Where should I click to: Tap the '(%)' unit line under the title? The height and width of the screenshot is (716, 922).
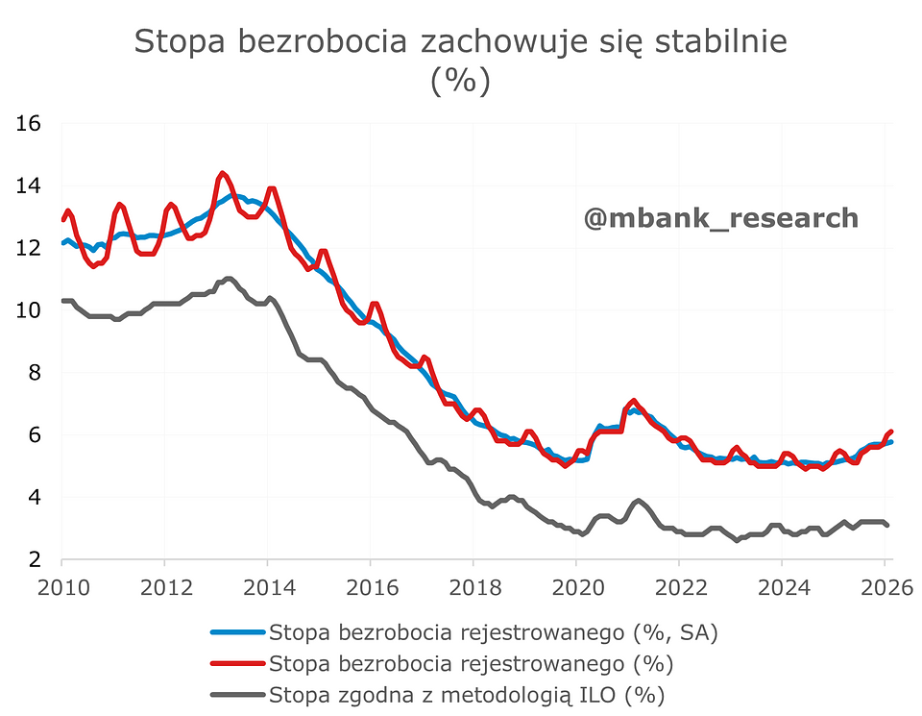(x=460, y=81)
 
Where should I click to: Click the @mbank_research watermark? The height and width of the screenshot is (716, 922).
(x=720, y=218)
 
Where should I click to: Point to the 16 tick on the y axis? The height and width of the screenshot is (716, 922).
(x=28, y=123)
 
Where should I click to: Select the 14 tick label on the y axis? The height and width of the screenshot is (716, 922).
(x=28, y=185)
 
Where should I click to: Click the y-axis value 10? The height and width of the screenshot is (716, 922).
(x=28, y=310)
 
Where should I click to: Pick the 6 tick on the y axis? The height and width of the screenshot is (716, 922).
(x=36, y=435)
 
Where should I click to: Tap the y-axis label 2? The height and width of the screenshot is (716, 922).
(x=36, y=560)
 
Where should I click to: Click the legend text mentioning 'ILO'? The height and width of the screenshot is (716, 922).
(x=468, y=695)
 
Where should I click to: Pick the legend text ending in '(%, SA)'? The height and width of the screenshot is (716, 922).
(x=494, y=632)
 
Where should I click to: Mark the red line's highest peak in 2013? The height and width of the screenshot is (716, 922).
(x=222, y=174)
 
